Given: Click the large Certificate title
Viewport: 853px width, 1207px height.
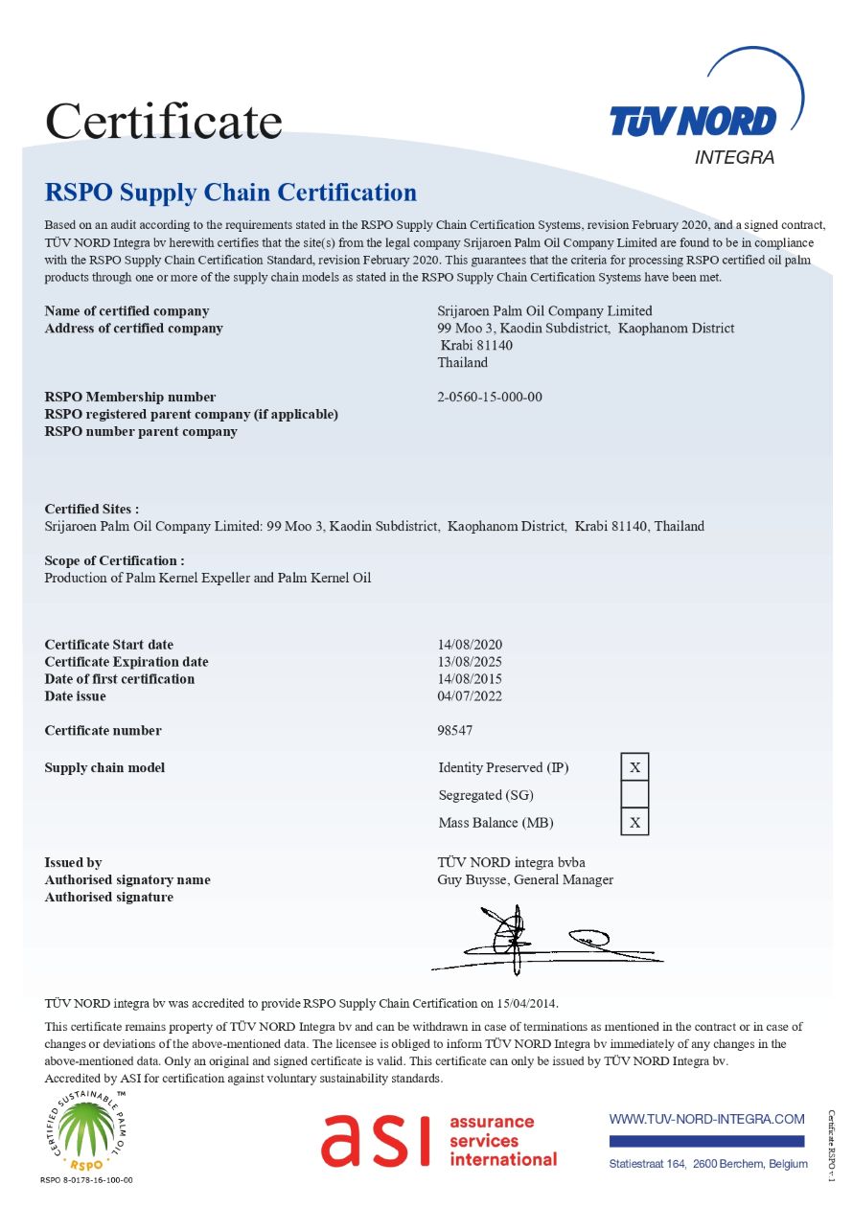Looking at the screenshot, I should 164,122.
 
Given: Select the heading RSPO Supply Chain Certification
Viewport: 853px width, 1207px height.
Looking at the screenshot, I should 231,193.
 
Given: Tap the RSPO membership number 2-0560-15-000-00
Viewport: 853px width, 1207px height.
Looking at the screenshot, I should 490,397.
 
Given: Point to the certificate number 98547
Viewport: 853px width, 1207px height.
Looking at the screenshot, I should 454,730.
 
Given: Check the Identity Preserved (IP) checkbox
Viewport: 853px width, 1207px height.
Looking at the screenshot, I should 634,767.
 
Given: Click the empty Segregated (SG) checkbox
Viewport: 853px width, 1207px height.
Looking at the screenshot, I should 634,794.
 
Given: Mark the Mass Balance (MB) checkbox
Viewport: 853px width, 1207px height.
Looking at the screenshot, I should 634,822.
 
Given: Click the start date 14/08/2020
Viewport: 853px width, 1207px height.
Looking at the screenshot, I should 470,645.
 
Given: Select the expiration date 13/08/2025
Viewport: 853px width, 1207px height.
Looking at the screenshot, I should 470,662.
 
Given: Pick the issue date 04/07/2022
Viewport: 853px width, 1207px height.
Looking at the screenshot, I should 470,696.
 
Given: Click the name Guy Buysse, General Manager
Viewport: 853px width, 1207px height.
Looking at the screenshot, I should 525,879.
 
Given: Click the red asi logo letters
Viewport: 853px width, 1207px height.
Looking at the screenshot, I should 376,1140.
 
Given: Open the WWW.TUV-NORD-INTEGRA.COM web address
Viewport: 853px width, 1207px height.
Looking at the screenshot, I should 706,1119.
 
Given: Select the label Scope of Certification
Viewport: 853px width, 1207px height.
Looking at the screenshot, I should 114,560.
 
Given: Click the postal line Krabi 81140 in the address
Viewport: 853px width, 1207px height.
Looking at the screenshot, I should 476,345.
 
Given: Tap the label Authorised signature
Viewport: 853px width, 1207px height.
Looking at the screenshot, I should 109,897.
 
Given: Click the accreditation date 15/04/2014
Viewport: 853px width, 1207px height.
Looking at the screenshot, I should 525,1003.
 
